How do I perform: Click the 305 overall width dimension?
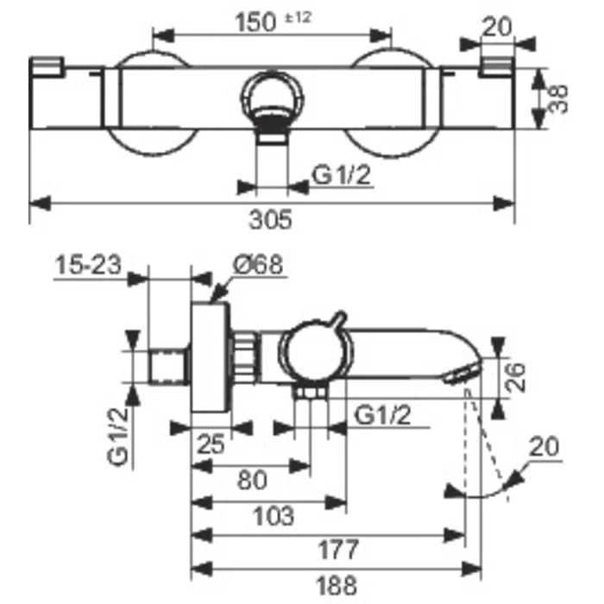(270, 219)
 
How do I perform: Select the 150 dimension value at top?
(255, 22)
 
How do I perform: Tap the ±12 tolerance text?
(298, 18)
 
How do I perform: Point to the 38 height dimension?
(558, 98)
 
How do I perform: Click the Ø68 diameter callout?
(258, 265)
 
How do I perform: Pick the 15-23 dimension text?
(88, 265)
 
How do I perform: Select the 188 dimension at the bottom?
(337, 586)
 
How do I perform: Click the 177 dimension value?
(338, 550)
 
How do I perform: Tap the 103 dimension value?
(274, 516)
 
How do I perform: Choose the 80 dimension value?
(252, 481)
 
